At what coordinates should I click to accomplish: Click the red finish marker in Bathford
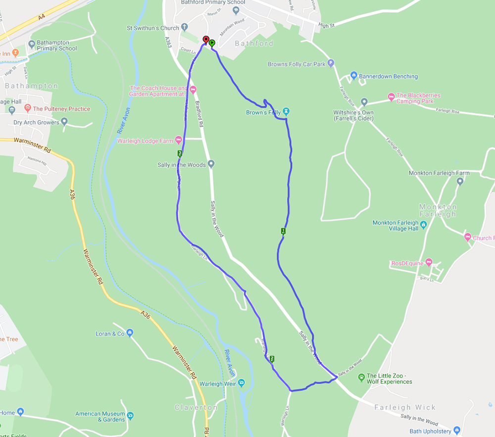(206, 40)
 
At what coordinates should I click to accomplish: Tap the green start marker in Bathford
(212, 43)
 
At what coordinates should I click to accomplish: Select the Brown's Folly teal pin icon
(286, 112)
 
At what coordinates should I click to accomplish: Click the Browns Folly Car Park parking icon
(331, 64)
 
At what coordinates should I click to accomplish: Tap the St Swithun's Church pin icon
(185, 28)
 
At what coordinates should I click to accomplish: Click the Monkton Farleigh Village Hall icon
(423, 225)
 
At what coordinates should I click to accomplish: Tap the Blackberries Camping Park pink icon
(391, 96)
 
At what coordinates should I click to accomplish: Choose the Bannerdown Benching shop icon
(353, 76)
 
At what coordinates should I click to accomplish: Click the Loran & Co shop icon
(130, 333)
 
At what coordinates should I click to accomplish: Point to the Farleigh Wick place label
(405, 407)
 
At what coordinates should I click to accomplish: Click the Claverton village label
(196, 407)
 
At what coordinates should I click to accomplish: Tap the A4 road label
(42, 17)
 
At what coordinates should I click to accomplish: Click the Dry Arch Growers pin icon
(64, 122)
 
